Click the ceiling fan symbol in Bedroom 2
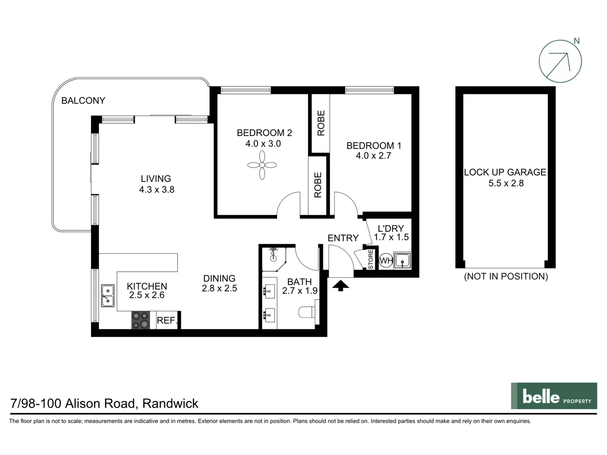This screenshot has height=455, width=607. (262, 165)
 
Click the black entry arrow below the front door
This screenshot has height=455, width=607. (341, 286)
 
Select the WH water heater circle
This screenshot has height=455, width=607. (386, 261)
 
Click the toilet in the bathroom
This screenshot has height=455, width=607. (307, 312)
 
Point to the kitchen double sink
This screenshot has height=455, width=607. (107, 295)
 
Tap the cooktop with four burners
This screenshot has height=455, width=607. (140, 320)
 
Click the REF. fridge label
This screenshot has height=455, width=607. (167, 321)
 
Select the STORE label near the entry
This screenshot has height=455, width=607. (371, 260)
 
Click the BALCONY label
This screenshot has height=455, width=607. (83, 101)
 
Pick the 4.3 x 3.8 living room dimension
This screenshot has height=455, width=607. (156, 190)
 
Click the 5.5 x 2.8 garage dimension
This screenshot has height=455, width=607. (506, 183)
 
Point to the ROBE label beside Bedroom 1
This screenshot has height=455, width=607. (321, 123)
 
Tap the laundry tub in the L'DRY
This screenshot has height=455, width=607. (402, 261)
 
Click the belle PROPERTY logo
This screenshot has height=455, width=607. (554, 396)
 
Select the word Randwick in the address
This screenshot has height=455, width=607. (170, 404)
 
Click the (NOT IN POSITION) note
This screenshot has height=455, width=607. (506, 276)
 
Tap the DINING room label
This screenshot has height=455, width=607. (219, 278)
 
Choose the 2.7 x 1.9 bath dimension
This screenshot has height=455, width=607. (300, 291)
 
